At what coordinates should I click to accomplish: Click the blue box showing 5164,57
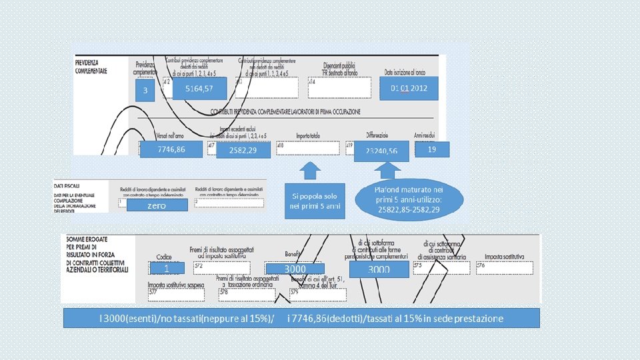click(199, 89)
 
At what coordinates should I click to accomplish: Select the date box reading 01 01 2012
click(410, 88)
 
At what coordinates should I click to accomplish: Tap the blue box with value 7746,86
click(171, 149)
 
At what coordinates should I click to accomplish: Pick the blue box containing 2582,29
click(244, 151)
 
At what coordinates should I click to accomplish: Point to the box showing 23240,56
click(381, 151)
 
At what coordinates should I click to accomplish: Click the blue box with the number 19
click(432, 149)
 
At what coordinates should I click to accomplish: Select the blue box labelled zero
click(157, 206)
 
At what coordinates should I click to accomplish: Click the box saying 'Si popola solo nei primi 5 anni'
click(315, 201)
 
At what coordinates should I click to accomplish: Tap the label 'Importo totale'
click(308, 135)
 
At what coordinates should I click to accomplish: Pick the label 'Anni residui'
click(425, 135)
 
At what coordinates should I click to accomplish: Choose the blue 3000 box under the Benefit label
click(295, 269)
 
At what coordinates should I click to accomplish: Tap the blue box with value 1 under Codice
click(166, 268)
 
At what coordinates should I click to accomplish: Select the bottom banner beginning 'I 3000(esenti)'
click(301, 318)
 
